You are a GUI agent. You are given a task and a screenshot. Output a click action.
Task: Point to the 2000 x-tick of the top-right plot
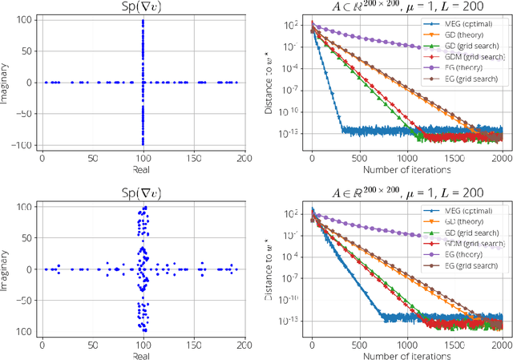pos(499,158)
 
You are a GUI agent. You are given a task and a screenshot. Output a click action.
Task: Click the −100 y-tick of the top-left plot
pos(26,144)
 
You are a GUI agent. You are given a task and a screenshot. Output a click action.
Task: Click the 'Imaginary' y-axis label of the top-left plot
pos(7,82)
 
